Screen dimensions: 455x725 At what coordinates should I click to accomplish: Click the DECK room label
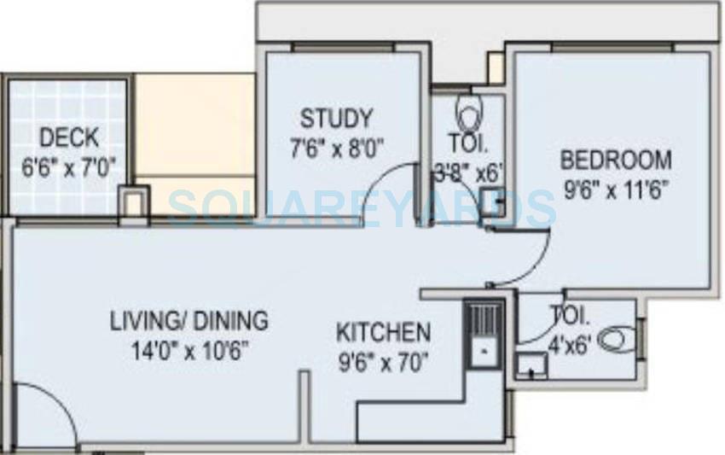click(69, 137)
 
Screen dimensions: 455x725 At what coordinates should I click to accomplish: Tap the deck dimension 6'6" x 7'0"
click(68, 164)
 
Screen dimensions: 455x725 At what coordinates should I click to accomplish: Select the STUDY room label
click(336, 117)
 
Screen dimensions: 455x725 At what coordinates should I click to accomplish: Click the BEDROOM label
click(615, 160)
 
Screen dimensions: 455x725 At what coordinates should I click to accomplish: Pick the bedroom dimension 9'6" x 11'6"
click(615, 187)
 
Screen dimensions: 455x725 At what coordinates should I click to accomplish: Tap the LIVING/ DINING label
click(188, 322)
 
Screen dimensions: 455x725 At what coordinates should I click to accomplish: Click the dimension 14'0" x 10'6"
click(188, 349)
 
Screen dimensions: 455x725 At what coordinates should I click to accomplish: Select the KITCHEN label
click(383, 331)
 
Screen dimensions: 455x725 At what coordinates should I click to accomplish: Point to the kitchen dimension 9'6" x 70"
click(383, 359)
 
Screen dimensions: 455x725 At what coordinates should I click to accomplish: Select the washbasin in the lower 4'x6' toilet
click(532, 366)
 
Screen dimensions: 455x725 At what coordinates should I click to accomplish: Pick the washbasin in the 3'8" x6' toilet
click(491, 202)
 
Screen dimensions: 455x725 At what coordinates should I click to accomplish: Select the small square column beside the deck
click(132, 201)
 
